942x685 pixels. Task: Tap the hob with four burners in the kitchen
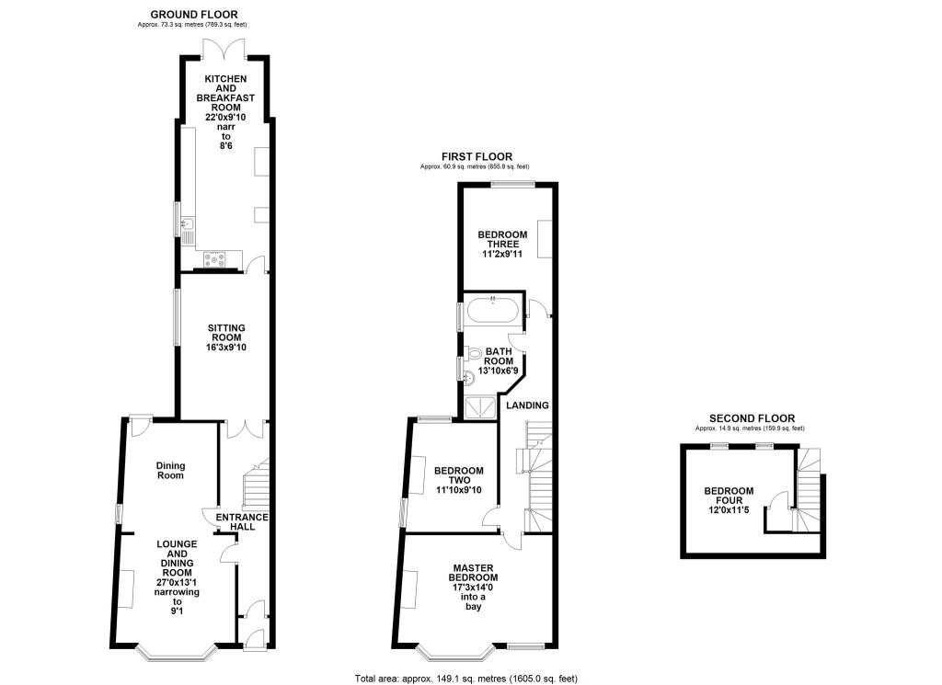[x=214, y=259]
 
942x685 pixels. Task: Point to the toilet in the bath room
[x=474, y=353]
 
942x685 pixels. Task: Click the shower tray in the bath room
[x=480, y=406]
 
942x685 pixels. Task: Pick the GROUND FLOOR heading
[x=193, y=15]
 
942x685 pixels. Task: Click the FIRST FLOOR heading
[x=477, y=156]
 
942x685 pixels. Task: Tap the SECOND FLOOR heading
[x=752, y=418]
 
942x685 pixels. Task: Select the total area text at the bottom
[x=466, y=679]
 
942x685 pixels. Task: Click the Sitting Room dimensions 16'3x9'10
[x=226, y=347]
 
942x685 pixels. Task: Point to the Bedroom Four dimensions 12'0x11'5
[x=729, y=510]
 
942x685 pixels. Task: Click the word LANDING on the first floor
[x=527, y=405]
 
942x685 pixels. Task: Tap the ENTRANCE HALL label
[x=242, y=521]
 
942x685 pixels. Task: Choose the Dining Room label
[x=170, y=470]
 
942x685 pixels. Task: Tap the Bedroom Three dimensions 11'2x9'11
[x=502, y=254]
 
